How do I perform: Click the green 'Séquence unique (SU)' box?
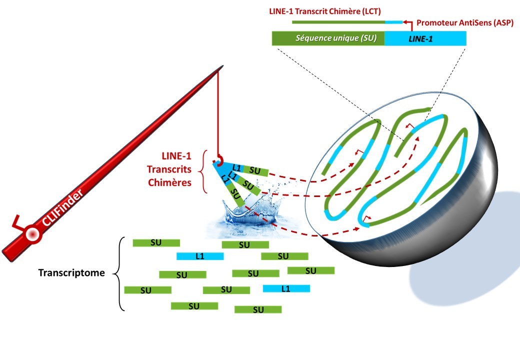(328, 38)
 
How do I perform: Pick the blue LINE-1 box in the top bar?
(425, 38)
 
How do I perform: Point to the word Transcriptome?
(71, 273)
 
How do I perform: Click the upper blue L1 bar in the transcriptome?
(200, 256)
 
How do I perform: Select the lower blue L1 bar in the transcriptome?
(286, 288)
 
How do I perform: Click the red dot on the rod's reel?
(33, 233)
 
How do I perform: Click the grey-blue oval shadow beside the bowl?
(465, 260)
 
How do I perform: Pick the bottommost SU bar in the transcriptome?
(258, 309)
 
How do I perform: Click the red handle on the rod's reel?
(18, 220)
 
